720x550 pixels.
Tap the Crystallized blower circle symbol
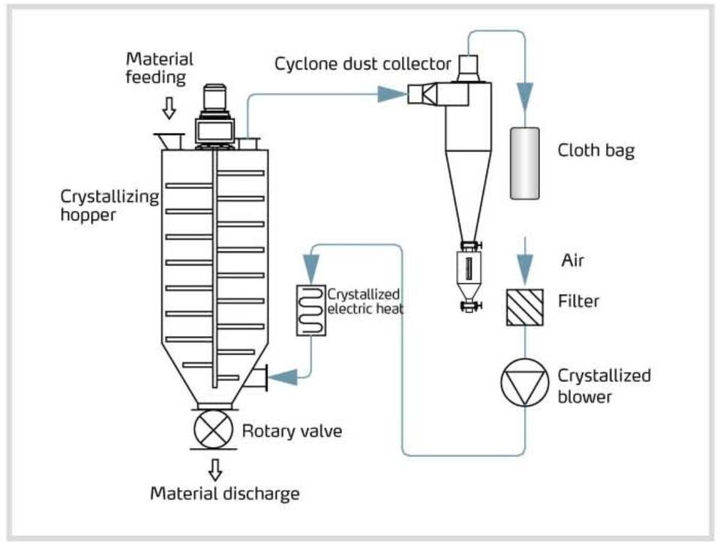pos(524,384)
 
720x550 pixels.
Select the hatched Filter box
pos(524,306)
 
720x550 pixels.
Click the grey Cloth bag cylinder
pos(524,163)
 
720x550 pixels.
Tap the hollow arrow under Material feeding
pos(169,110)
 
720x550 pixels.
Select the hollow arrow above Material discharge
pos(215,469)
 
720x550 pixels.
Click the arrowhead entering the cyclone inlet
pos(391,94)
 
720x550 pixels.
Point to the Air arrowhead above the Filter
pos(524,266)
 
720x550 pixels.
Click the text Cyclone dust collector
pos(363,63)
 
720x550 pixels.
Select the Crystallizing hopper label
pos(109,206)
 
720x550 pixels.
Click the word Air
pos(572,261)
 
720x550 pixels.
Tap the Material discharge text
pos(225,493)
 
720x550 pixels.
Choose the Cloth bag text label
pos(595,150)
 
